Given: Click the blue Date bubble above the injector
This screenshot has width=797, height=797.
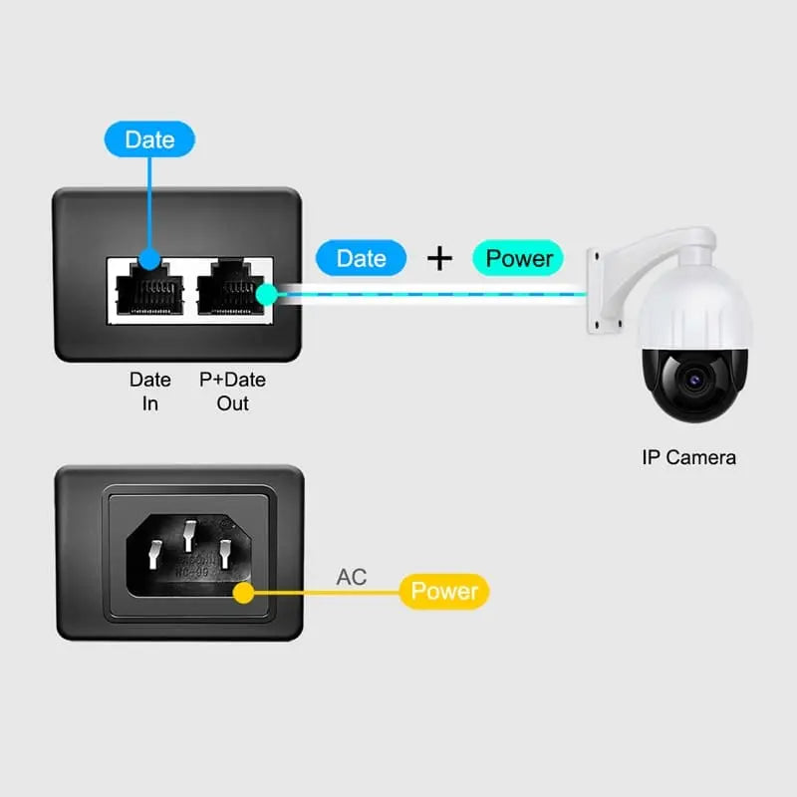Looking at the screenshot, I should click(149, 139).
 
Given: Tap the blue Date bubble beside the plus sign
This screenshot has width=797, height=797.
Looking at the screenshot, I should click(361, 258).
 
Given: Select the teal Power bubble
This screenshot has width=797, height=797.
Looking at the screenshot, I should click(518, 258).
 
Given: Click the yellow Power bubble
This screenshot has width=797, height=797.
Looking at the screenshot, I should click(444, 591).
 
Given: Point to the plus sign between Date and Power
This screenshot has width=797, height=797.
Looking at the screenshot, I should click(439, 258).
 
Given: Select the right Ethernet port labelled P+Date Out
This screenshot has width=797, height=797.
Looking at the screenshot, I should click(231, 290).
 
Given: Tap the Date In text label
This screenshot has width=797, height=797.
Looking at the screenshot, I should click(149, 392).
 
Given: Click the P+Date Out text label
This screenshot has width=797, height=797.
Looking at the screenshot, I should click(232, 392).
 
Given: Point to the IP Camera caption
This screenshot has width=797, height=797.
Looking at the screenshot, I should click(688, 457).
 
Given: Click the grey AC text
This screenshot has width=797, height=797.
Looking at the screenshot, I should click(351, 577).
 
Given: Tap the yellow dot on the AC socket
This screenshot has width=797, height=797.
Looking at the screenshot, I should click(241, 593).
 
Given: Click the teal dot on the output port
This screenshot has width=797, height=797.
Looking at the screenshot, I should click(265, 293).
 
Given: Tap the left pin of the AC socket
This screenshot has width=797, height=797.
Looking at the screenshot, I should click(155, 554).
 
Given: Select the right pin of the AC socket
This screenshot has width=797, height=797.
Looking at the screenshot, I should click(225, 554).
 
